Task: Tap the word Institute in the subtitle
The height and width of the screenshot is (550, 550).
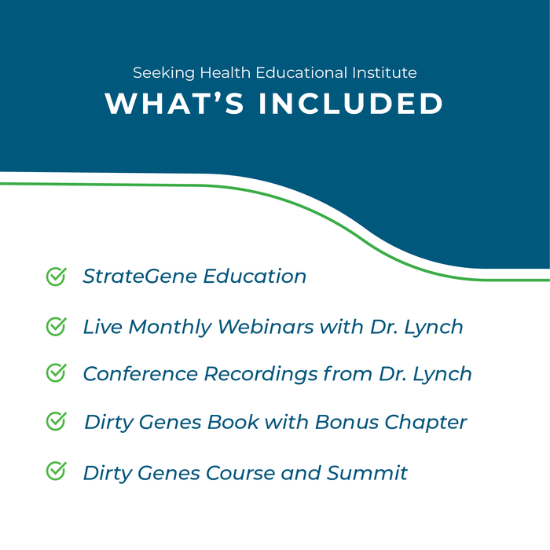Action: click(x=385, y=73)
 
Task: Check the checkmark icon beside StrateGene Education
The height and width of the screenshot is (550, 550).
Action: click(x=56, y=277)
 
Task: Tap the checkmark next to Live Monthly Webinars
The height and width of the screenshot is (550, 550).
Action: click(x=56, y=326)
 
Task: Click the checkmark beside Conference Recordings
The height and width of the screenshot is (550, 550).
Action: click(x=56, y=373)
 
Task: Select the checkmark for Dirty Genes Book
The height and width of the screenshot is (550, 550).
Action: click(x=56, y=422)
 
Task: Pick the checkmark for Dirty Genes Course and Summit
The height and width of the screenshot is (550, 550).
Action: click(x=56, y=471)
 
